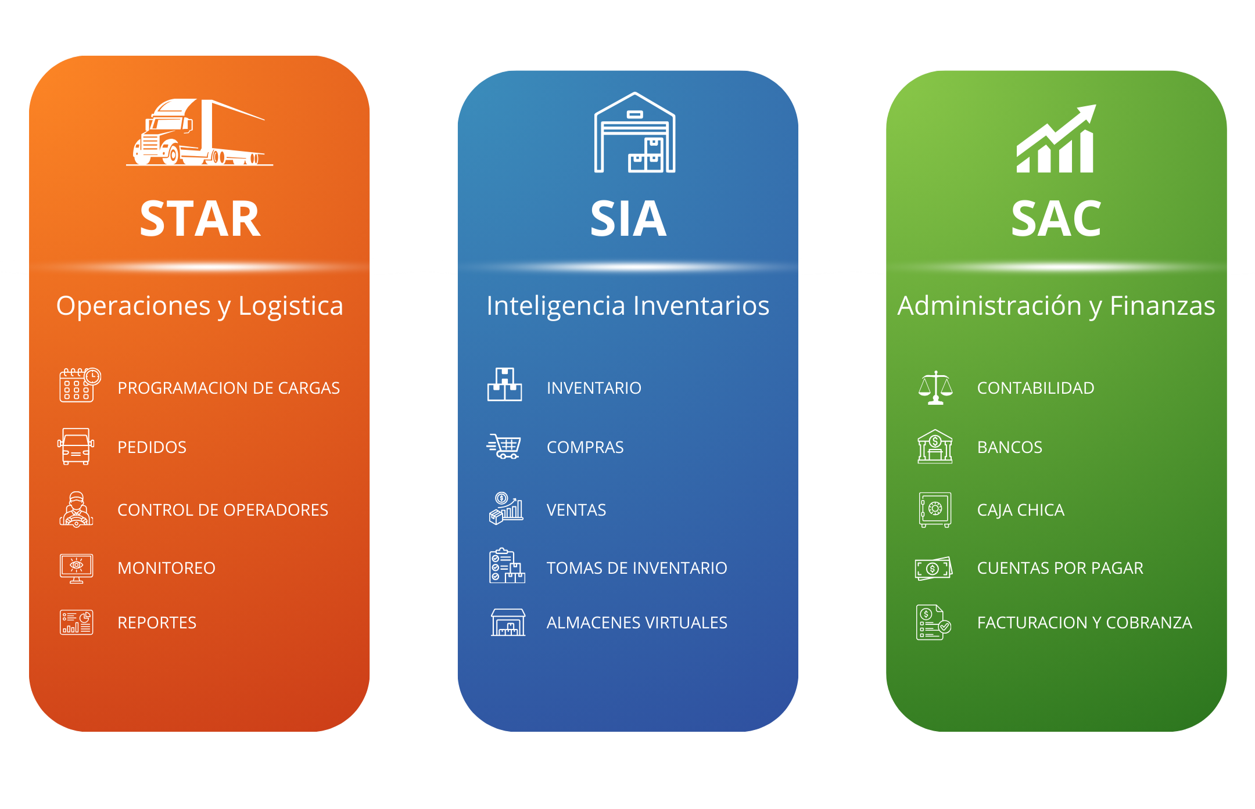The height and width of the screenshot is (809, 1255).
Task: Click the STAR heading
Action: (200, 219)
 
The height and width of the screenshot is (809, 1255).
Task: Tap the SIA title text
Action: (628, 219)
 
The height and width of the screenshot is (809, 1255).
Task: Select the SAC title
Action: (1056, 219)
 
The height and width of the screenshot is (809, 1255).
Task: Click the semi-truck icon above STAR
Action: (199, 133)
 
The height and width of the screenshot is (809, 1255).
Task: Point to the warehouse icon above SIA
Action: (634, 133)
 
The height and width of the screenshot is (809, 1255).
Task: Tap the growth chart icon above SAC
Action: (1056, 139)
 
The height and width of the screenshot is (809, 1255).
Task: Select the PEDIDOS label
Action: (152, 447)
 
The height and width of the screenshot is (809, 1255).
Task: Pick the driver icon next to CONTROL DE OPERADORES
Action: (76, 509)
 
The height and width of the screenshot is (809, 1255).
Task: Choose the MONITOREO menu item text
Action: (166, 568)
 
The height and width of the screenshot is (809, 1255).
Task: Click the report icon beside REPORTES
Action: (76, 622)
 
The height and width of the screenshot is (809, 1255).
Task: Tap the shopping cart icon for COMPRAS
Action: (504, 447)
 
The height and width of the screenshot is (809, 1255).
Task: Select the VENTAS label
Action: (576, 510)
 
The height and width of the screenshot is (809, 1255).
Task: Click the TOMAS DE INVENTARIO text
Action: (636, 568)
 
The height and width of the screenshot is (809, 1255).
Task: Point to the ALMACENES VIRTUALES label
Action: (636, 623)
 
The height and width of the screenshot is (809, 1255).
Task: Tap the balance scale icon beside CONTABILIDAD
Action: (935, 387)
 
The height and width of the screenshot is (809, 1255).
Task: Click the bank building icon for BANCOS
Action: (935, 447)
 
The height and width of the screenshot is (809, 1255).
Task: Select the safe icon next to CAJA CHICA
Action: (935, 509)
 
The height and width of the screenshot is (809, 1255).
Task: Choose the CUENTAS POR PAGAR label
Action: (1060, 568)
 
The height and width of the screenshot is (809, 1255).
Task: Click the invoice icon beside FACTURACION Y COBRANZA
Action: (933, 622)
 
